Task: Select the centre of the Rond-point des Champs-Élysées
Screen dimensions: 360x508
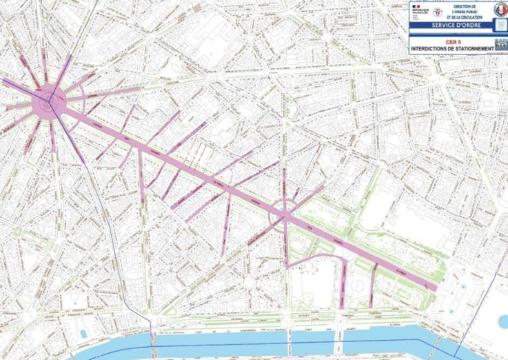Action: coord(285,217)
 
